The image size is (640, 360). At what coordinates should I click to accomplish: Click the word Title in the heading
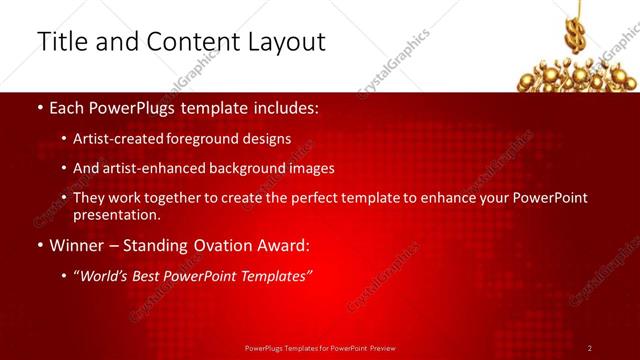[x=61, y=42]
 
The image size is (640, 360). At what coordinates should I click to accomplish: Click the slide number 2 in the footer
[x=590, y=348]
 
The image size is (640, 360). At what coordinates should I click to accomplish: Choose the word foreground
[x=213, y=139]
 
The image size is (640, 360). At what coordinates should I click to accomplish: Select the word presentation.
[x=116, y=214]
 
